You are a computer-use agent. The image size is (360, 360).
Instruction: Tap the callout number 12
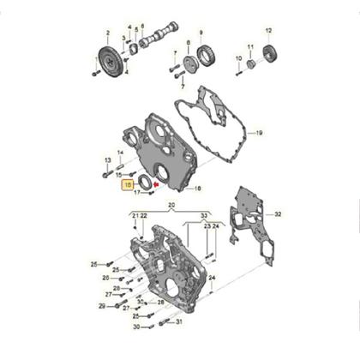pos(267,31)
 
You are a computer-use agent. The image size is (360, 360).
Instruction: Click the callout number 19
pos(260,133)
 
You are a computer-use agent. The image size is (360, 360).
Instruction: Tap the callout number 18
pos(197,188)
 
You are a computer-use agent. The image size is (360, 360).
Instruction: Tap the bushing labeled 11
pos(250,63)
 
